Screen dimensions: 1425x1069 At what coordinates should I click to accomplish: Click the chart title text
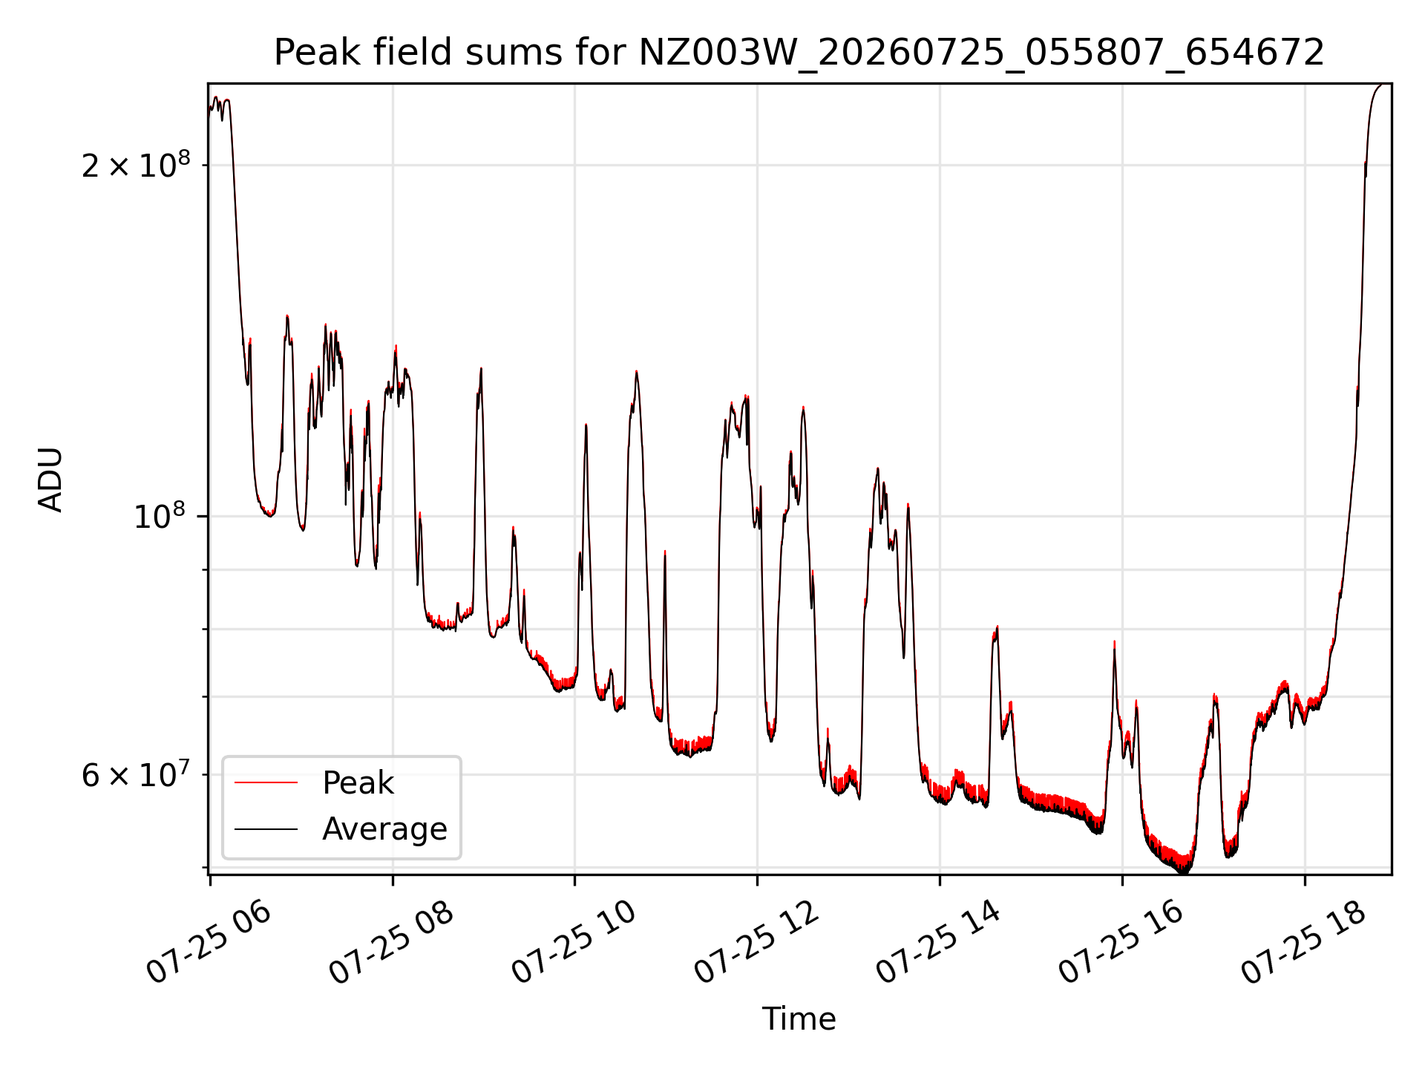[799, 53]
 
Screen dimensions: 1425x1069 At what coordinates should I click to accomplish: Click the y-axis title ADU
[50, 480]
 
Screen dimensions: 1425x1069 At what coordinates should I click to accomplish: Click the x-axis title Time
[799, 1019]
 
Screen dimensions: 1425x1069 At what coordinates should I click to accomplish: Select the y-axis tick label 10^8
[162, 515]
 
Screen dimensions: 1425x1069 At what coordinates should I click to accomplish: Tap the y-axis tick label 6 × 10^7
[136, 774]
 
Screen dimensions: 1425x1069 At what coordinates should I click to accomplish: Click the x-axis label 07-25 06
[209, 943]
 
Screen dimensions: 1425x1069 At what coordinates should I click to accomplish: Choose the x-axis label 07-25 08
[391, 943]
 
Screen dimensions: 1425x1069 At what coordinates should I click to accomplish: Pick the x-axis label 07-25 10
[574, 943]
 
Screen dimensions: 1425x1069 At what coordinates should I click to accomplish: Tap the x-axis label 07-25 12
[756, 943]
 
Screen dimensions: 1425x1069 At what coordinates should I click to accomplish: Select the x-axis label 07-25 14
[939, 943]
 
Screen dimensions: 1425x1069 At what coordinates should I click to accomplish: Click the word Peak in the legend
[358, 783]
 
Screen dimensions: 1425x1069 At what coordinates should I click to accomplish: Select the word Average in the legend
[384, 829]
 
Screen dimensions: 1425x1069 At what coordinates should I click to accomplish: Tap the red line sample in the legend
[266, 782]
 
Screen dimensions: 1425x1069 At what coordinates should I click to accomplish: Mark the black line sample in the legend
[266, 828]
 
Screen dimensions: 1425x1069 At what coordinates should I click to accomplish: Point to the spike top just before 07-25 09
[481, 368]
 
